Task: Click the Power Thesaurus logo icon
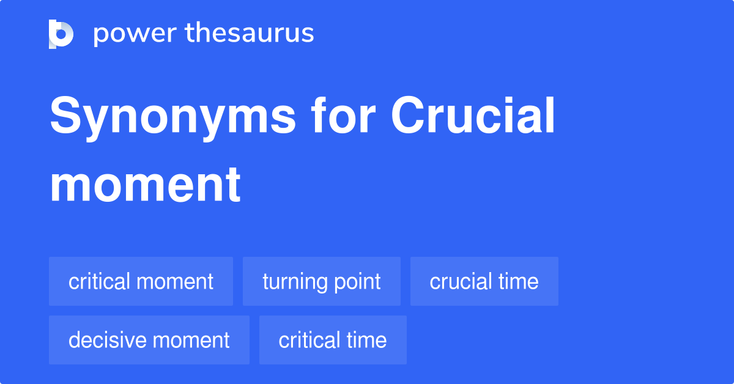(61, 34)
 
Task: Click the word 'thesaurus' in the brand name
(250, 34)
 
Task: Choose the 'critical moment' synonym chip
(141, 281)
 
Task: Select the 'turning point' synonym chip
(322, 281)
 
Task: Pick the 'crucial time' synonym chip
(484, 281)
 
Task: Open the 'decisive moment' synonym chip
(149, 340)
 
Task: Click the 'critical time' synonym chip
(333, 340)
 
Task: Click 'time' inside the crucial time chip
(518, 281)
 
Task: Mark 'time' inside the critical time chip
(366, 340)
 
